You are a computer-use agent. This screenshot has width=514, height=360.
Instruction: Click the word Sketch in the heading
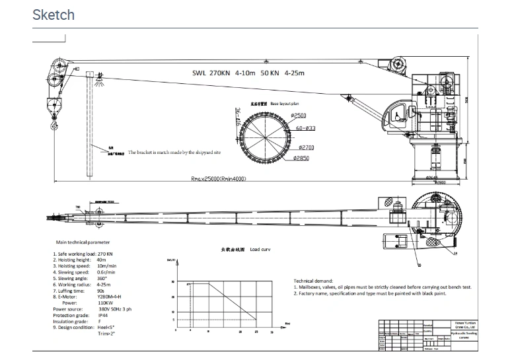54,15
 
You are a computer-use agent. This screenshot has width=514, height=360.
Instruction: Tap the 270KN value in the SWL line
223,75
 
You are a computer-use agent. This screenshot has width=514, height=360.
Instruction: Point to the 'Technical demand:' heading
313,281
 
